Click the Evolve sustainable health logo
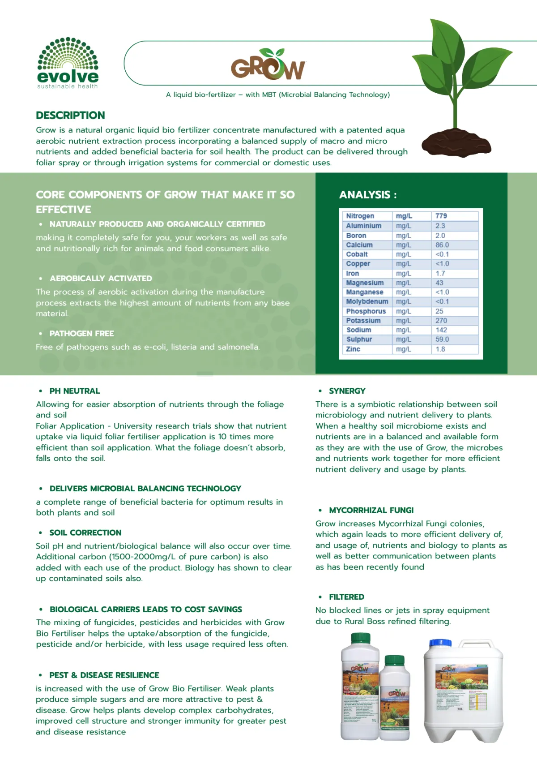tap(68, 63)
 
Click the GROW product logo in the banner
tap(268, 65)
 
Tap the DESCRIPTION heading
tap(70, 116)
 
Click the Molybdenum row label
tap(367, 301)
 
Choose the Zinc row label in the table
tap(353, 349)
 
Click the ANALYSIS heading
tap(368, 195)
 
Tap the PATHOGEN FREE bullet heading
tap(81, 334)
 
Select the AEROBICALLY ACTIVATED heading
tap(101, 279)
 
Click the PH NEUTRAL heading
tap(74, 391)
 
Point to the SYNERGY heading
tap(347, 391)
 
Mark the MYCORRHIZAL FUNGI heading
tap(371, 510)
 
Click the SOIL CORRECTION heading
tap(85, 532)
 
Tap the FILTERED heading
tap(346, 597)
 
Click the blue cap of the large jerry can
tap(440, 643)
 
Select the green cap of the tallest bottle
tap(361, 638)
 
